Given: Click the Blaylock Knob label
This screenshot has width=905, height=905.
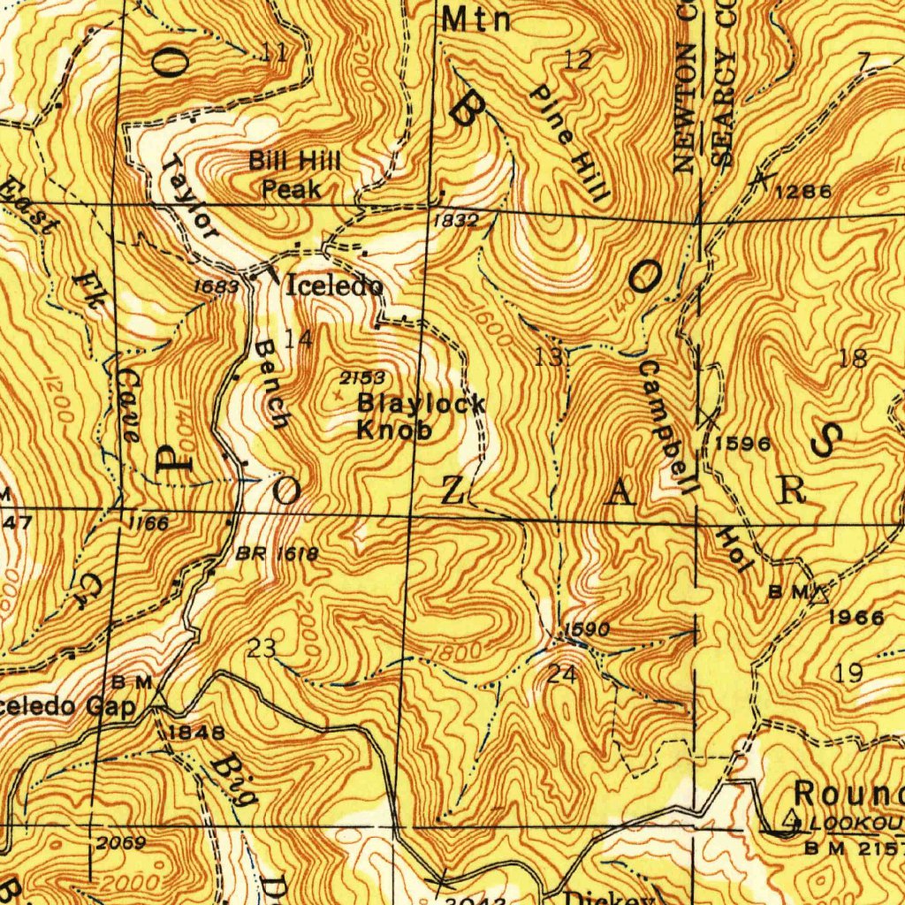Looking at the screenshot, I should point(421,417).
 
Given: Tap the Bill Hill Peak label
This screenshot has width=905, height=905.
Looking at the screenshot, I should point(294,175).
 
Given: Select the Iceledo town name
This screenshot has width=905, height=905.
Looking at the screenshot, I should point(335,285).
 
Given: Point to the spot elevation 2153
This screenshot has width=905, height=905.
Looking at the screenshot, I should point(362,378).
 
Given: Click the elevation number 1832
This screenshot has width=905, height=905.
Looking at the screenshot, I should point(456,221).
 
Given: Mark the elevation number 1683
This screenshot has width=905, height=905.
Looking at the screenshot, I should point(217,286).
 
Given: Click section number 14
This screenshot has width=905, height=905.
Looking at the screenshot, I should point(298,338).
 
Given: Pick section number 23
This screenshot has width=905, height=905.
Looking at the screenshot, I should point(262,649).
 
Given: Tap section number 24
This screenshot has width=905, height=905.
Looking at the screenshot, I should point(562,674).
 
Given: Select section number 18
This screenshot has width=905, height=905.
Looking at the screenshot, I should point(853,358).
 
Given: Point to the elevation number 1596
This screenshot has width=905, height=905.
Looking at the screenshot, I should point(743,443).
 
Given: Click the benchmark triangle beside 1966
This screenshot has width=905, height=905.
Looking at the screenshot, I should point(819,593).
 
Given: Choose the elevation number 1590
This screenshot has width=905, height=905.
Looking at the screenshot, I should point(586,629).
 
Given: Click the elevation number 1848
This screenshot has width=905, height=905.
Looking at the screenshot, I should point(196,732).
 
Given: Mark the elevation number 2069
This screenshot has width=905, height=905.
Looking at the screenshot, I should point(121,842).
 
